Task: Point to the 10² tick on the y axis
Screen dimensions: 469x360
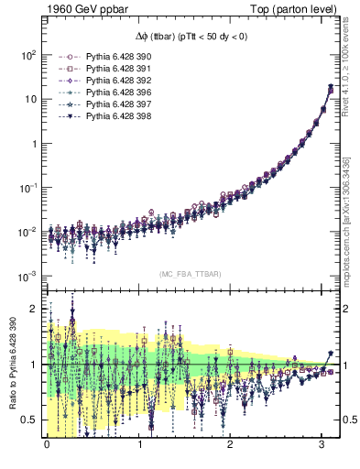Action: pyautogui.click(x=28, y=55)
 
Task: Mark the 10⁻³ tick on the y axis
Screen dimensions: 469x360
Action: pyautogui.click(x=28, y=276)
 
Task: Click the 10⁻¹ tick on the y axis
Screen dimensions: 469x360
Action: pyautogui.click(x=28, y=188)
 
